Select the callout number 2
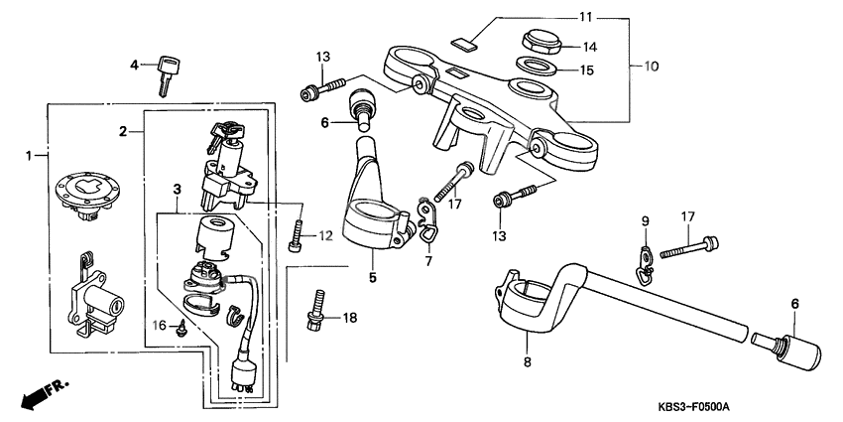[x=124, y=131]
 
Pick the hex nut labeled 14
[x=542, y=44]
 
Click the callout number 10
[x=652, y=68]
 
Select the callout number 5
[x=373, y=278]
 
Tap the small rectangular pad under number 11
[x=462, y=42]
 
